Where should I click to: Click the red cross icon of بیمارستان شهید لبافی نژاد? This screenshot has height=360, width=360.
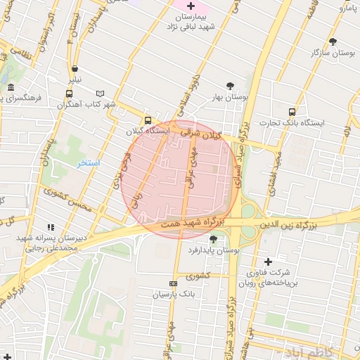191,6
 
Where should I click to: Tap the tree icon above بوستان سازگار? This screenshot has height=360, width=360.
333,41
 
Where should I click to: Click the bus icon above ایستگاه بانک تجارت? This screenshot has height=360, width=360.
291,110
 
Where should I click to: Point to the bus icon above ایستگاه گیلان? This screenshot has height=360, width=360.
148,120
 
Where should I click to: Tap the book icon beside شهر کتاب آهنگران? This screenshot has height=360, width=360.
99,94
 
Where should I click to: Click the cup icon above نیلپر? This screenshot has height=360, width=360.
75,68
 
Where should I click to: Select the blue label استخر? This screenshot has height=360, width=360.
89,163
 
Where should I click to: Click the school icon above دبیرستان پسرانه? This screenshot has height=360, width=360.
50,226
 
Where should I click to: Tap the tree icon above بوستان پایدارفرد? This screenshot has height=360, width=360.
213,239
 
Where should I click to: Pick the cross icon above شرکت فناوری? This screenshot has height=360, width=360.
268,262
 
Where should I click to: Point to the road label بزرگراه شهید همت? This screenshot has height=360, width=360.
192,222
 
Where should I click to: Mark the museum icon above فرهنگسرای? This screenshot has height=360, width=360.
11,88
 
